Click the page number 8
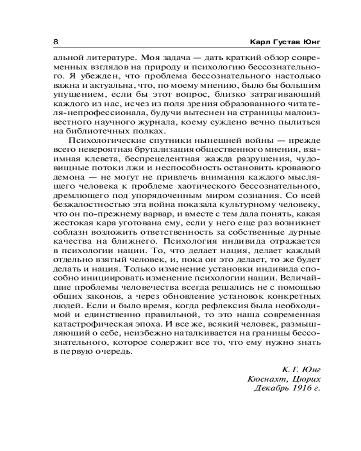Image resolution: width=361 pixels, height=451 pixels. point(56,42)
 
